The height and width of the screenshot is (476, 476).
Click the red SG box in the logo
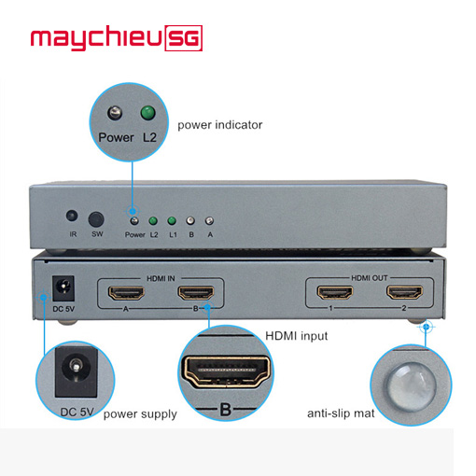pos(184,38)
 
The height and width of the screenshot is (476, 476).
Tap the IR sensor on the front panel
pos(72,216)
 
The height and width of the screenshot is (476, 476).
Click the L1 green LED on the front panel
pos(172,221)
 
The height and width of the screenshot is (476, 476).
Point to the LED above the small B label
pos(190,221)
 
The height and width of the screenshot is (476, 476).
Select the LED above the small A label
pos(209,221)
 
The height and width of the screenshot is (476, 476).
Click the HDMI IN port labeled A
pos(126,293)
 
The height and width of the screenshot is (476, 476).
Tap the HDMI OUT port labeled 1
pos(335,293)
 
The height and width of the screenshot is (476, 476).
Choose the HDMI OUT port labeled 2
pos(404,292)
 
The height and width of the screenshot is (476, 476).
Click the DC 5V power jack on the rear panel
pos(63,288)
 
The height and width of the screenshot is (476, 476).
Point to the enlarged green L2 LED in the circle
pos(147,113)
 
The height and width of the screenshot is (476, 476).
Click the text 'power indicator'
pos(220,125)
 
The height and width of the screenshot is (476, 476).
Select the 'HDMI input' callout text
pos(297,336)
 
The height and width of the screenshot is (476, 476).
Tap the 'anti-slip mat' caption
pos(341,413)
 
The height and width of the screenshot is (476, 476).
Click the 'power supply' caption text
pos(140,414)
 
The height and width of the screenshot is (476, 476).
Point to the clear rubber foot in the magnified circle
pos(412,387)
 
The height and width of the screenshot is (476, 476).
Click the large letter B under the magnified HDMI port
pos(226,410)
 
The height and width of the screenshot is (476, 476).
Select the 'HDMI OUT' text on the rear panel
pos(370,278)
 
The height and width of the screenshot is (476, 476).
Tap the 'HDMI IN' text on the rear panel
pos(161,278)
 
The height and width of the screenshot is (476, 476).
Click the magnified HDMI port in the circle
pos(226,371)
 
